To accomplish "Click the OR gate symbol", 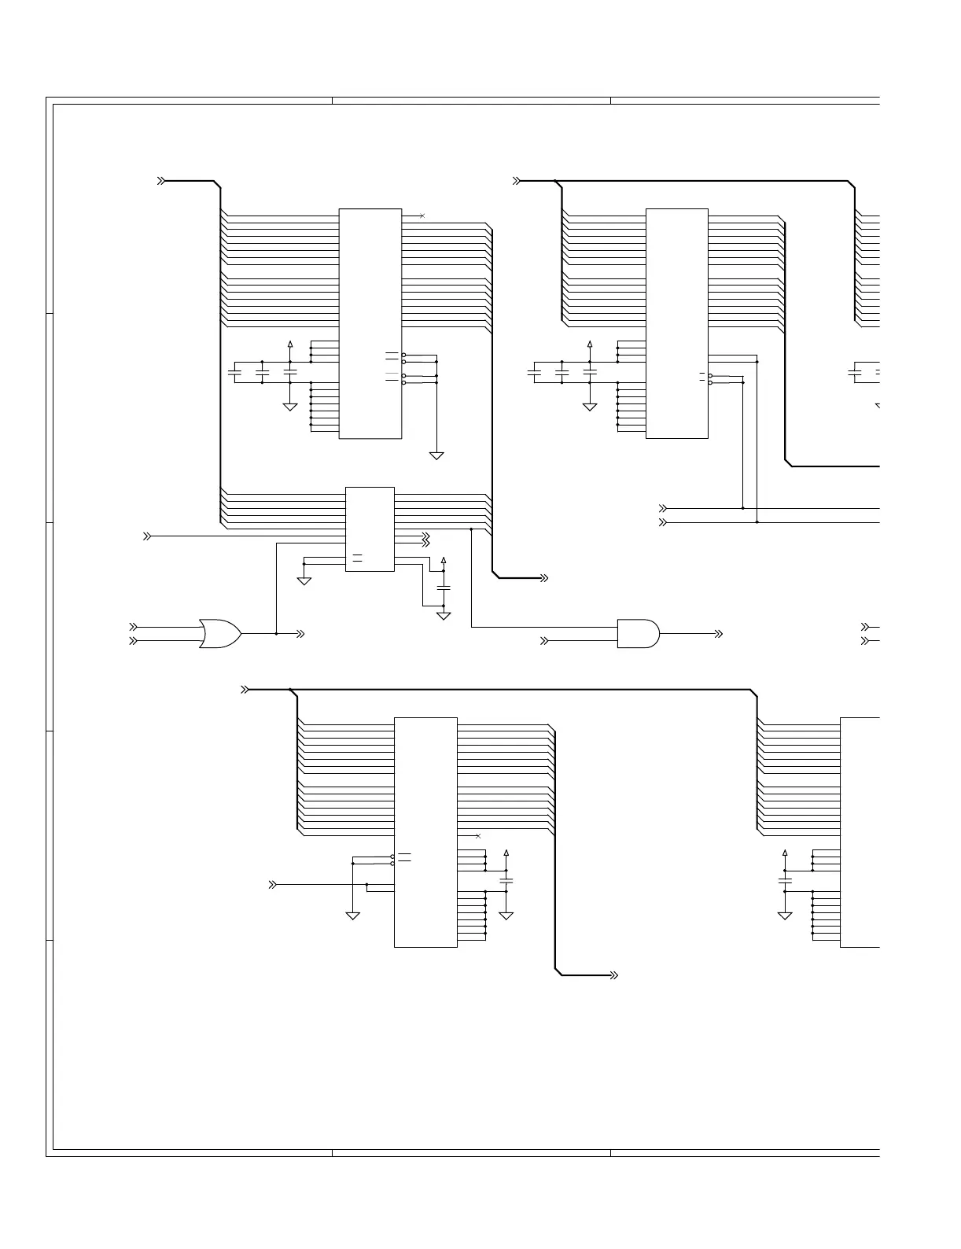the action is (x=220, y=633).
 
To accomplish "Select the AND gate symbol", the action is (x=638, y=633).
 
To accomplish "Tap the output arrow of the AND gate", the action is (x=719, y=633).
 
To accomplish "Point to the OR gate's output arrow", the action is (x=300, y=633).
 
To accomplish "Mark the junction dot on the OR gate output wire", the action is (x=277, y=633).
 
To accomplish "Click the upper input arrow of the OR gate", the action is (x=134, y=627).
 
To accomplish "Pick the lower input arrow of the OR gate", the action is (x=134, y=641).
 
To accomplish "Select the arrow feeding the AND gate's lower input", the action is (x=543, y=641).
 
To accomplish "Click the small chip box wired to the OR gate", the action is (x=370, y=529).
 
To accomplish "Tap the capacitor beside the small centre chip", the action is (x=444, y=588).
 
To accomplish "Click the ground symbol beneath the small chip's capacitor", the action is (x=444, y=615).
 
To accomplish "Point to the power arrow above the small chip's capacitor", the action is (x=444, y=560).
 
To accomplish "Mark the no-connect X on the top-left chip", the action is (x=422, y=215).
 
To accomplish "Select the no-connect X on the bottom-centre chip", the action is (x=477, y=835).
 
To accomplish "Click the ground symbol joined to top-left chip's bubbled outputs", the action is (x=436, y=455).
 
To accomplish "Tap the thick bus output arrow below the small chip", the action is (x=543, y=578).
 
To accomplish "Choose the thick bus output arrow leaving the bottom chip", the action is (x=614, y=975).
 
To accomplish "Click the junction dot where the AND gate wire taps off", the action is (x=471, y=529).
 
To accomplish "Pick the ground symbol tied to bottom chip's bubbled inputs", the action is (x=353, y=915).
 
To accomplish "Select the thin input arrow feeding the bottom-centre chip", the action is (x=273, y=884).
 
